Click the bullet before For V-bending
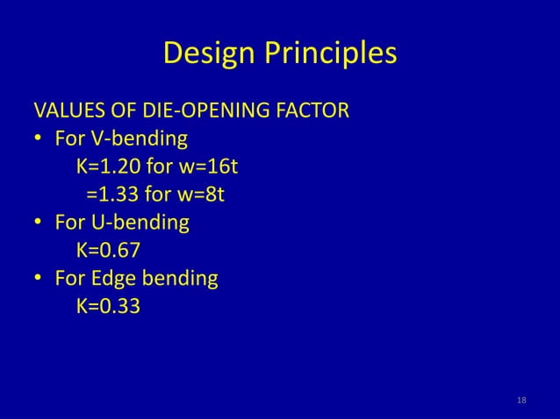(38, 139)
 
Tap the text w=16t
(206, 167)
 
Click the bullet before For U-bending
(38, 223)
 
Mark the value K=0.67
(108, 251)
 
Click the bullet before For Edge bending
(38, 280)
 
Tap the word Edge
(108, 280)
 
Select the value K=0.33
(108, 308)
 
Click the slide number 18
(521, 401)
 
